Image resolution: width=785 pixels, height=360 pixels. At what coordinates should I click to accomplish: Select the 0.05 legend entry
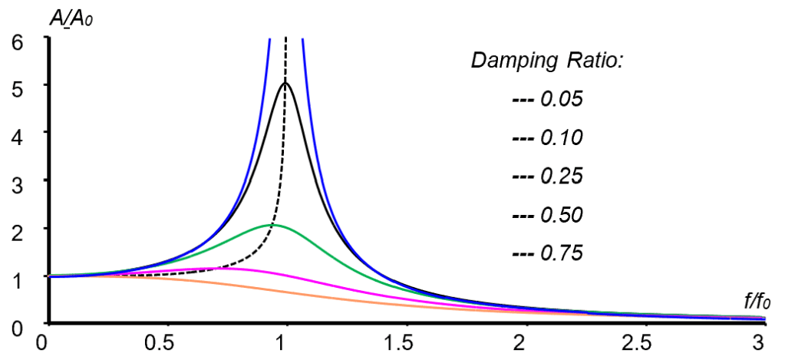point(549,99)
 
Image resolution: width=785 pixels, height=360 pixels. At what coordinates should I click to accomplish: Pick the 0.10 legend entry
point(549,137)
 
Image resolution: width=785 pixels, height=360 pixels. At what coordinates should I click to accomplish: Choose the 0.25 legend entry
point(549,176)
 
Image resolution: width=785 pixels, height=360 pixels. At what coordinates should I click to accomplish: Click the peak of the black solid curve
point(285,83)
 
